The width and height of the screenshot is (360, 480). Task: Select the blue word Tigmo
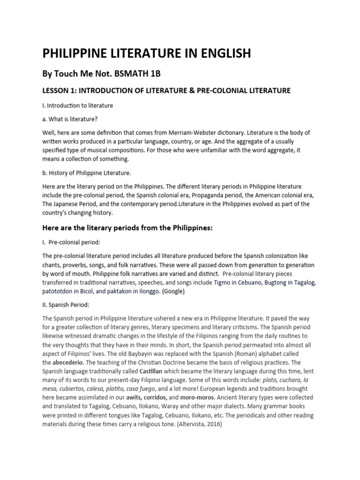[223, 282]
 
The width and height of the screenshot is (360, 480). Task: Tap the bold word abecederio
[68, 362]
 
